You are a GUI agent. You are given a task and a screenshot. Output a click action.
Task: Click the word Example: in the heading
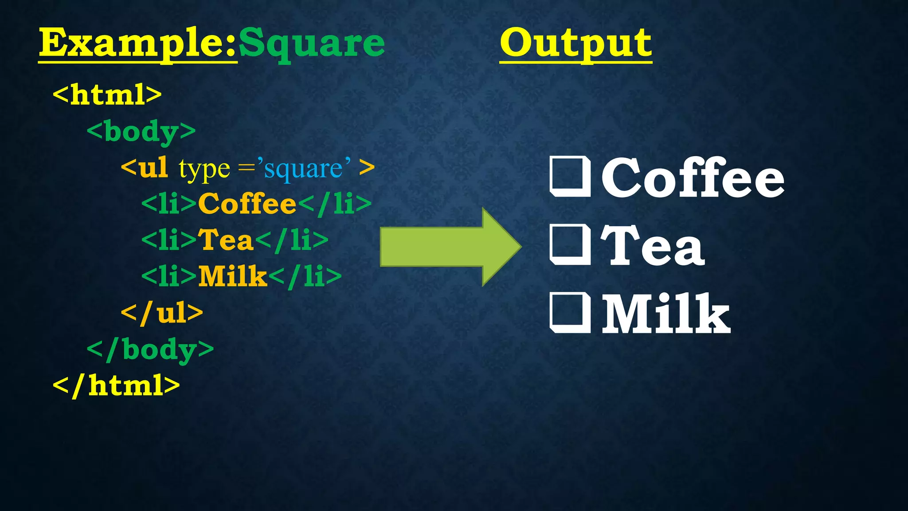coord(137,43)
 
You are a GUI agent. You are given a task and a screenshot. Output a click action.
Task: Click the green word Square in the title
coord(312,43)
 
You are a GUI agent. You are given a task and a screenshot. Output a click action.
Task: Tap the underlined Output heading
coord(575,43)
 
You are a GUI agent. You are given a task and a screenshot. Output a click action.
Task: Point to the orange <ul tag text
coord(145,168)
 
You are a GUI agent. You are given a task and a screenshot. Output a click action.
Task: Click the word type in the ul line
coord(204,169)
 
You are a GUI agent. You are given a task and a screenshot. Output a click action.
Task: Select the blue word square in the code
coord(303,169)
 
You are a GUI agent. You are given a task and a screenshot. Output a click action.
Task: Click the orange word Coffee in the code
coord(247,204)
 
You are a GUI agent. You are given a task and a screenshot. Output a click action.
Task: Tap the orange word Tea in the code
coord(225,240)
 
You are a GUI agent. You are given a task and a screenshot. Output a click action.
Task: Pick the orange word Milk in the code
coord(232,276)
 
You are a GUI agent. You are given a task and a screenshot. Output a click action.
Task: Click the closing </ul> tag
coord(162,313)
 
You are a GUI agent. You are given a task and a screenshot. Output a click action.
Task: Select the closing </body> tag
coord(150,350)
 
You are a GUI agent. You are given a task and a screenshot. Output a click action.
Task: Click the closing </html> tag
coord(116,385)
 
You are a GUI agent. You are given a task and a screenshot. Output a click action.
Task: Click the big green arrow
coord(450,247)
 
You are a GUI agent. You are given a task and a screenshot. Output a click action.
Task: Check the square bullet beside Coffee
coord(570,177)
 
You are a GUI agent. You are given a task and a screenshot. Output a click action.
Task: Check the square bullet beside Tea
coord(570,245)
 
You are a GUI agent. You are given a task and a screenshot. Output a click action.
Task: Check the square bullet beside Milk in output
coord(570,313)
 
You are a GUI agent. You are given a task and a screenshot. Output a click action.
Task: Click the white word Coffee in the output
coord(693,177)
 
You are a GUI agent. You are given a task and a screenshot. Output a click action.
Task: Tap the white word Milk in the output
coord(665,314)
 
